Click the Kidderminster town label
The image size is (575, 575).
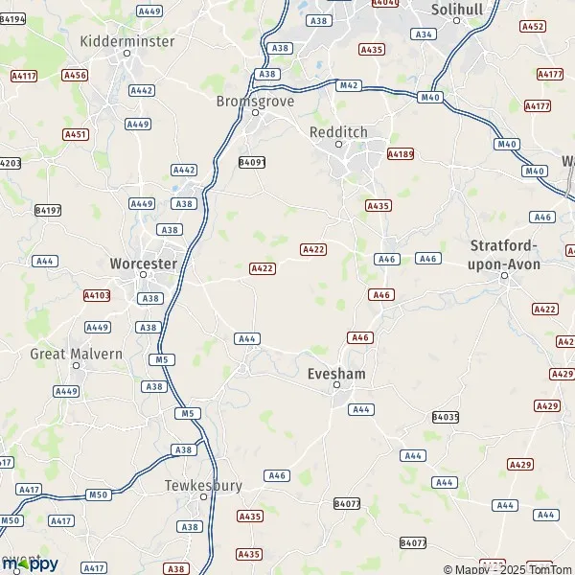127,41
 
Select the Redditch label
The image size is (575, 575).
338,132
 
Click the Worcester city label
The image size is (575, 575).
144,263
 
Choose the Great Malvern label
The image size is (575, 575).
77,354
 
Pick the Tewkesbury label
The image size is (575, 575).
203,485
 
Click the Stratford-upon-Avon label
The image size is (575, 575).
504,254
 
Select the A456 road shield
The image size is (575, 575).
74,75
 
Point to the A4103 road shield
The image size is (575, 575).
97,296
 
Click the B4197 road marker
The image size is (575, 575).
47,210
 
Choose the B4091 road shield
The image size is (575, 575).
251,162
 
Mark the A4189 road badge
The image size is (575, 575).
400,153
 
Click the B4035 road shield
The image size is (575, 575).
446,417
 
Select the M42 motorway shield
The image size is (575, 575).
349,85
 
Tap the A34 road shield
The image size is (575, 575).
423,34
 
